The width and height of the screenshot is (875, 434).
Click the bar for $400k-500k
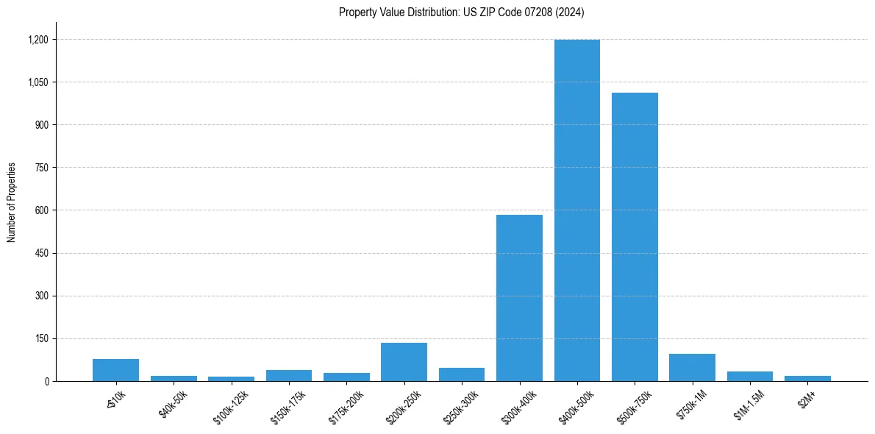pyautogui.click(x=577, y=210)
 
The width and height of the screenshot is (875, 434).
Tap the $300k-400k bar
pyautogui.click(x=519, y=298)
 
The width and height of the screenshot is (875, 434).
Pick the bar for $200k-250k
pyautogui.click(x=404, y=362)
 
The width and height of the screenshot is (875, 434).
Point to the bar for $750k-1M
pyautogui.click(x=692, y=368)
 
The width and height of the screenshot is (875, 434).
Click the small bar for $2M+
pyautogui.click(x=807, y=378)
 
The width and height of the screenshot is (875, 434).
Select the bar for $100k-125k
pyautogui.click(x=231, y=379)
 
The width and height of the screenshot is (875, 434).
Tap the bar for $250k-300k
pyautogui.click(x=462, y=374)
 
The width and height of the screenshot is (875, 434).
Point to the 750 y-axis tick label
pyautogui.click(x=41, y=168)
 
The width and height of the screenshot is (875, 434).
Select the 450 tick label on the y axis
pyautogui.click(x=41, y=253)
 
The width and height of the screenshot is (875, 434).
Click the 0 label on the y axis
pyautogui.click(x=46, y=381)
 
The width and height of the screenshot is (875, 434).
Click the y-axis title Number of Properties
pyautogui.click(x=11, y=202)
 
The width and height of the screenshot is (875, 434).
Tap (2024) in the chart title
pyautogui.click(x=570, y=13)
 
